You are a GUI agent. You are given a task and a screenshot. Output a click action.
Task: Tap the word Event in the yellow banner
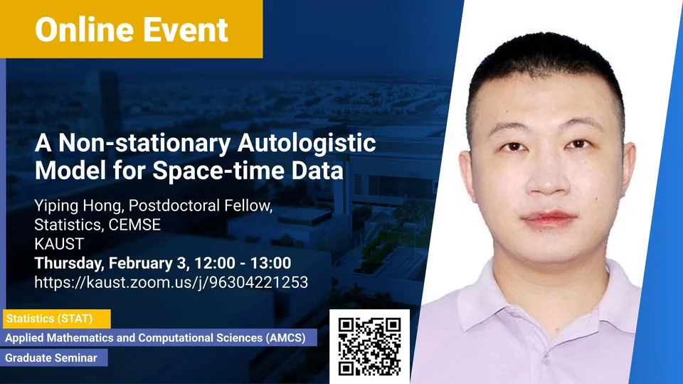(x=186, y=30)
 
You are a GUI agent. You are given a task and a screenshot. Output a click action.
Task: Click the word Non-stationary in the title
(x=144, y=143)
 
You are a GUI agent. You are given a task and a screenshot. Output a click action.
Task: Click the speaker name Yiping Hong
(x=80, y=206)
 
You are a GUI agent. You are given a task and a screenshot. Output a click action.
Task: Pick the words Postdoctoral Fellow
(x=201, y=205)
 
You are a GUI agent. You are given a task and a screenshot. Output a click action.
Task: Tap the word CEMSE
(x=134, y=225)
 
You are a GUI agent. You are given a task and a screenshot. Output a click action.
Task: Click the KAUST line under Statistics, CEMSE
(x=59, y=244)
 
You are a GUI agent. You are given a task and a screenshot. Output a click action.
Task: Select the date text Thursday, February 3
(x=112, y=263)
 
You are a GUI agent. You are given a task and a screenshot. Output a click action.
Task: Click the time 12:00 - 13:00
(x=243, y=263)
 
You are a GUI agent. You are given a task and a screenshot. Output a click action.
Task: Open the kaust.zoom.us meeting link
(x=171, y=282)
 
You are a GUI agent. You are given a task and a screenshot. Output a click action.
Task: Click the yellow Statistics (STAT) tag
(x=57, y=319)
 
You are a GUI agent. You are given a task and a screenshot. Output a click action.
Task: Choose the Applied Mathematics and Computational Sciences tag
(x=159, y=338)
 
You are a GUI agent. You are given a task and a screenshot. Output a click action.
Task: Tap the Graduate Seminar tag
(x=54, y=358)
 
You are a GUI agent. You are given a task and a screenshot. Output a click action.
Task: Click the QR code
(x=369, y=346)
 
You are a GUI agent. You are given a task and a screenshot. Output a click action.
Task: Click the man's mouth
(x=549, y=219)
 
